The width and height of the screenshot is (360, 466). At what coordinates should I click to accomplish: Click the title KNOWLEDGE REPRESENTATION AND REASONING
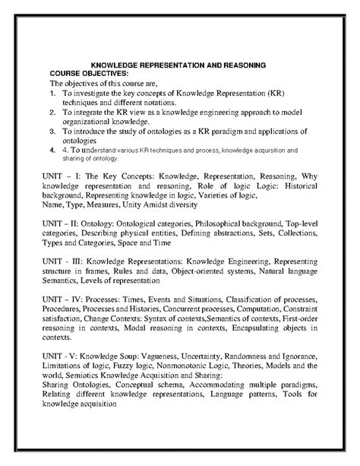tap(178, 66)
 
